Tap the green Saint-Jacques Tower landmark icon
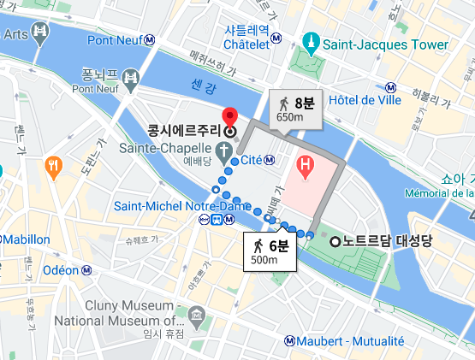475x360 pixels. tap(310, 40)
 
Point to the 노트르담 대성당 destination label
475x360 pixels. tap(379, 240)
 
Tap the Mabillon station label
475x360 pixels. tap(27, 239)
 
